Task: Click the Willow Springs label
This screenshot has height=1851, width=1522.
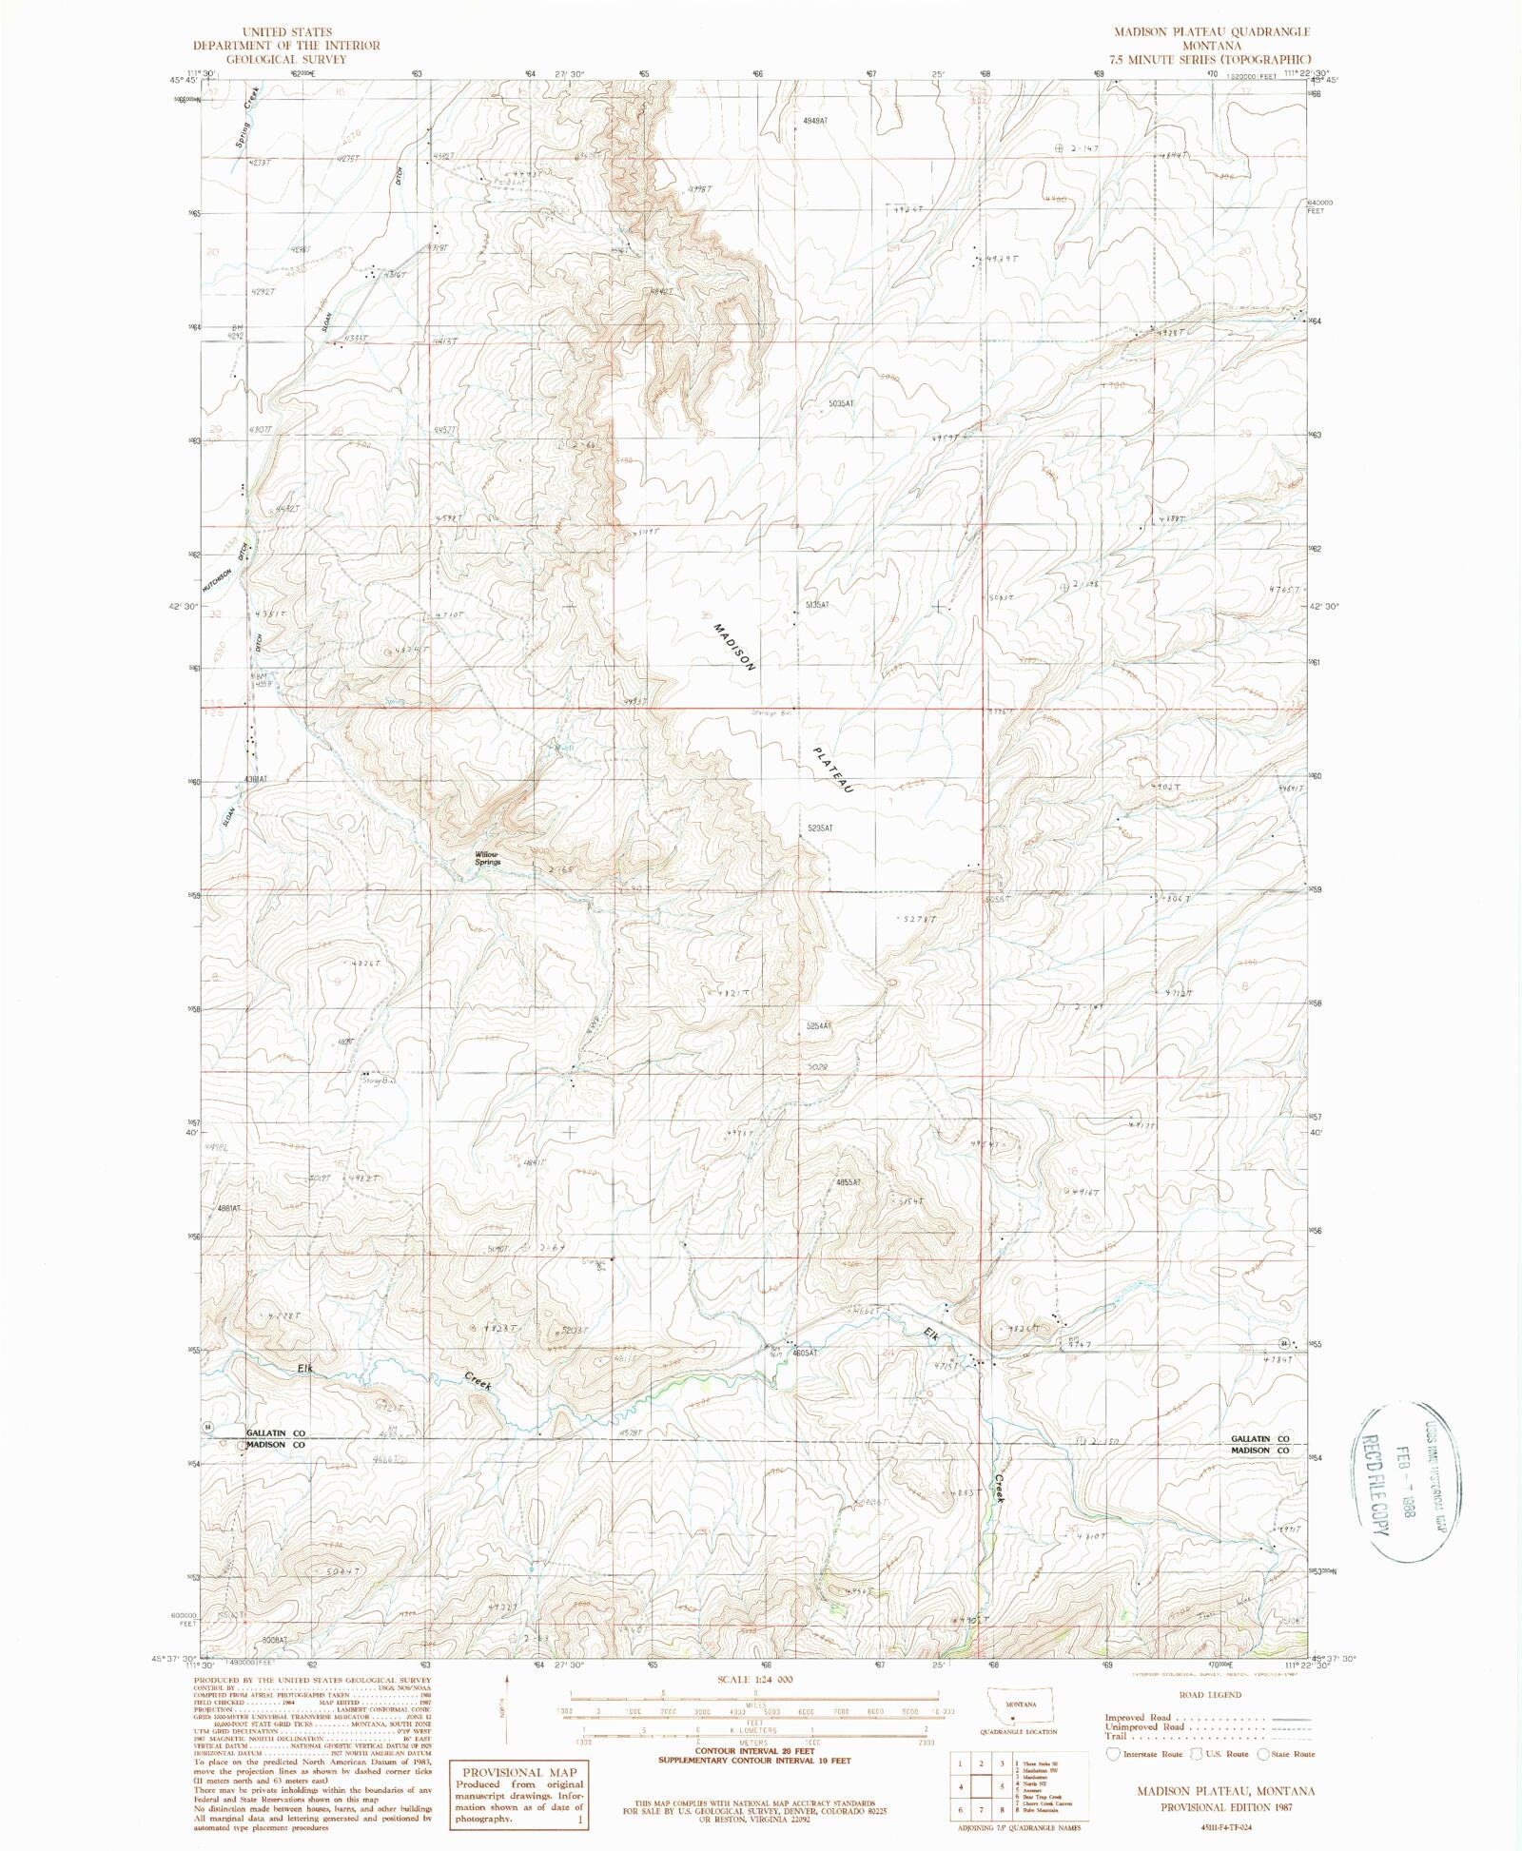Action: [487, 858]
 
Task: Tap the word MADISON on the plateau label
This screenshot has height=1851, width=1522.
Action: [734, 648]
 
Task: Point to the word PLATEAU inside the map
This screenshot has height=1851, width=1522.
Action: [833, 769]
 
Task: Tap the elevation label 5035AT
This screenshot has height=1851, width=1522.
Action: [841, 404]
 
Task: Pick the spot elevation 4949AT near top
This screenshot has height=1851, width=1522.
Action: [815, 122]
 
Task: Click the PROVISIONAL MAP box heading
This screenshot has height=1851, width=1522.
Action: [519, 1772]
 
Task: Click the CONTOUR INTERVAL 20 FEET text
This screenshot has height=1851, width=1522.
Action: [756, 1750]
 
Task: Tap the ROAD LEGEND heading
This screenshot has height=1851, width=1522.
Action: [1210, 1694]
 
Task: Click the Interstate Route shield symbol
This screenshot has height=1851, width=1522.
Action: [1113, 1753]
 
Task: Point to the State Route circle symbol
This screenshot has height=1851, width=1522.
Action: [1262, 1753]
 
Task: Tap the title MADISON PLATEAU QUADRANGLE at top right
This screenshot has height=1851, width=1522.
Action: [1212, 32]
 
